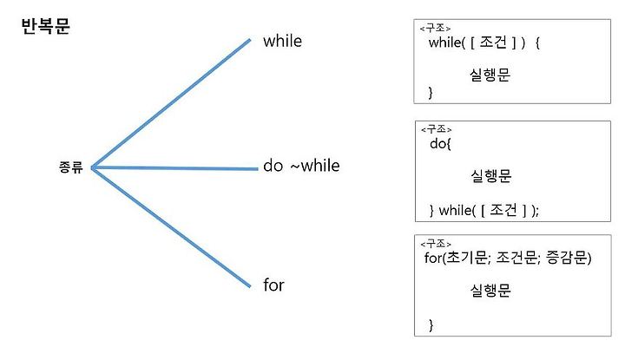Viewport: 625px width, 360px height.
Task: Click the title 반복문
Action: [x=46, y=26]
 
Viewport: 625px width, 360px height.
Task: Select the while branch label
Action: [x=282, y=41]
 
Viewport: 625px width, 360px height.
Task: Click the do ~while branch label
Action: [x=301, y=166]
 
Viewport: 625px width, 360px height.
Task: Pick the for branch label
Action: [x=273, y=285]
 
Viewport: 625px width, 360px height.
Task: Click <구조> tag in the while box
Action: [x=435, y=29]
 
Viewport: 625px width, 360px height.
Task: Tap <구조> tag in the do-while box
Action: [x=435, y=130]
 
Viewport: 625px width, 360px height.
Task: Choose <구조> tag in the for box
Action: [x=435, y=245]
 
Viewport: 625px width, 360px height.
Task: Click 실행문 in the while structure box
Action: [x=490, y=75]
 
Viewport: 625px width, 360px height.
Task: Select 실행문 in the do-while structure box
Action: [x=490, y=177]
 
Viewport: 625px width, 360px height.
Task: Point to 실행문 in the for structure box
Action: [x=490, y=291]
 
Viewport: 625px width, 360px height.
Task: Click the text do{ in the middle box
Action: [x=440, y=144]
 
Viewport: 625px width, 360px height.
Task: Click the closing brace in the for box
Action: [x=431, y=325]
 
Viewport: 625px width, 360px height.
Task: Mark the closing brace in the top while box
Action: [x=431, y=92]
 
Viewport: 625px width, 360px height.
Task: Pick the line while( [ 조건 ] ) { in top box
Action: [x=484, y=43]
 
